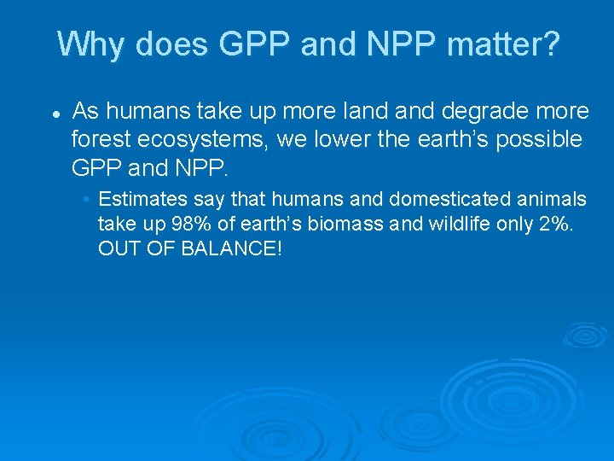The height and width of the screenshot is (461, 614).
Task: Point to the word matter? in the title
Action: point(507,44)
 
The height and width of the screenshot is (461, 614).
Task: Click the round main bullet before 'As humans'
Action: point(54,113)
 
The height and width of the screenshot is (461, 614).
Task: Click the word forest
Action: point(98,138)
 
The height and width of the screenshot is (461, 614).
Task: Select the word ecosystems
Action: point(210,138)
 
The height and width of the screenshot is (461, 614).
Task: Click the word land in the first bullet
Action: point(355,111)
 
